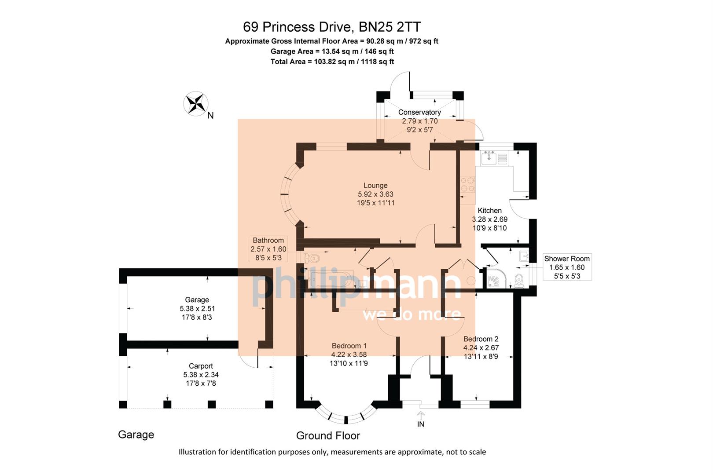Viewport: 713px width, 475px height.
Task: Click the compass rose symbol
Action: pyautogui.click(x=196, y=104)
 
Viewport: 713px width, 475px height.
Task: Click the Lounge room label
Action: pyautogui.click(x=375, y=186)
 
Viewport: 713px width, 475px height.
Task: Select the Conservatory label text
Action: pyautogui.click(x=419, y=112)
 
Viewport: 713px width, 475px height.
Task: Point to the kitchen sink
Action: pyautogui.click(x=489, y=157)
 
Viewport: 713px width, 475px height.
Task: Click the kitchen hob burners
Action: pyautogui.click(x=467, y=185)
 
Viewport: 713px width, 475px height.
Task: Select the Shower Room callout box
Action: pyautogui.click(x=567, y=267)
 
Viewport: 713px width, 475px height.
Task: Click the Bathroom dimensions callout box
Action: pyautogui.click(x=268, y=249)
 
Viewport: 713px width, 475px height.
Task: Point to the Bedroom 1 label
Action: pyautogui.click(x=349, y=346)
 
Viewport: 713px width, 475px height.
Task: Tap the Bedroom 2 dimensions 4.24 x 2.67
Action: pyautogui.click(x=481, y=347)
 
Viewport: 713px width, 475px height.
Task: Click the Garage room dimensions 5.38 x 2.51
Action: pyautogui.click(x=197, y=308)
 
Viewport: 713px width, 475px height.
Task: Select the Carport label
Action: pyautogui.click(x=201, y=366)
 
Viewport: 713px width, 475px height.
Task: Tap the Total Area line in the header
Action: pyautogui.click(x=332, y=62)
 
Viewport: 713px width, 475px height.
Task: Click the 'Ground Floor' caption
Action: pyautogui.click(x=328, y=435)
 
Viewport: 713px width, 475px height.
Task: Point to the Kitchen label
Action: pyautogui.click(x=489, y=210)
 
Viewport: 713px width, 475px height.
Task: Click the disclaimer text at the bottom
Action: pyautogui.click(x=332, y=452)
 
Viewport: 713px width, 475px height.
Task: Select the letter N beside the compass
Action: pyautogui.click(x=210, y=116)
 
